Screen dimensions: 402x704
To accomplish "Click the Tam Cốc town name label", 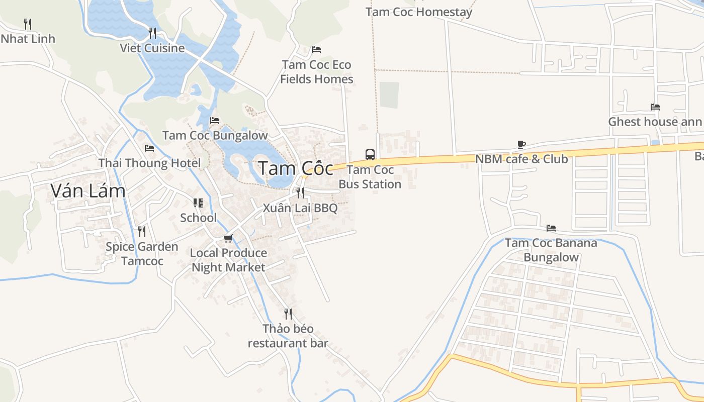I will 295,168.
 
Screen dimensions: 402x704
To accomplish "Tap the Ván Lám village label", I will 88,190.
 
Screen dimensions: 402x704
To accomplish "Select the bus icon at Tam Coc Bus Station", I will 370,154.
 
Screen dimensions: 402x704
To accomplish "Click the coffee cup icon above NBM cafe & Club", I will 521,145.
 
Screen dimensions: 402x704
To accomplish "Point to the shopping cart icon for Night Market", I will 228,238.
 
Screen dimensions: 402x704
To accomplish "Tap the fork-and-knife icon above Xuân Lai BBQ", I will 300,192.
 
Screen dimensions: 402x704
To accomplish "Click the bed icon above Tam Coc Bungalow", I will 215,121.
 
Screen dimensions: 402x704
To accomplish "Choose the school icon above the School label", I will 198,203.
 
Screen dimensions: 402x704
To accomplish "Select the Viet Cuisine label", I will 152,48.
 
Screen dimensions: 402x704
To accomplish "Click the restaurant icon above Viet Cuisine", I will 152,33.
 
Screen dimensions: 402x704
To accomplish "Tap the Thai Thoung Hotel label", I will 149,163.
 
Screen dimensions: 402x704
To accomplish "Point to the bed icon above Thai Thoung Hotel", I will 149,148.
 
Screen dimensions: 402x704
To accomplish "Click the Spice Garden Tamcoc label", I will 142,254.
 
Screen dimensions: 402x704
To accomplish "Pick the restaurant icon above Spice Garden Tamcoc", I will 142,231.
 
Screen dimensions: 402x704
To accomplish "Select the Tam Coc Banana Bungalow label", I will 551,250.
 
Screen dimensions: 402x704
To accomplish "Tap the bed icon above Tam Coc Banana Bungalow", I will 551,228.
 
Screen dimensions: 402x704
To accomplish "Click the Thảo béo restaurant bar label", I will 288,336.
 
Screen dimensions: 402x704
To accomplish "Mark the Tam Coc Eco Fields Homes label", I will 317,72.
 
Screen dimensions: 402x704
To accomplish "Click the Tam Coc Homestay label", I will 419,12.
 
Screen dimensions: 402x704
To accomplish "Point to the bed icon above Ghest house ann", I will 655,107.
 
